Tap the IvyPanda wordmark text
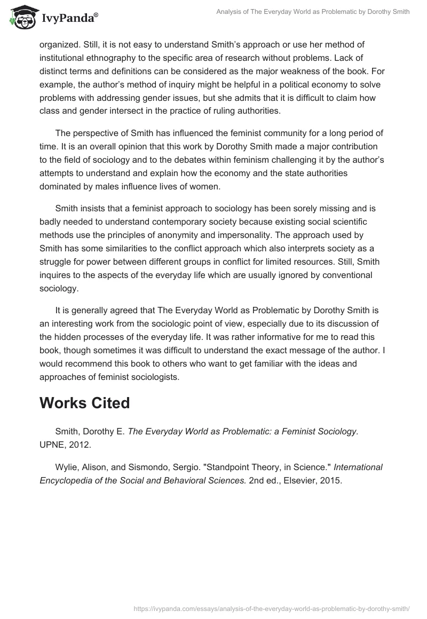click(x=68, y=19)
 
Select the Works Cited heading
click(x=84, y=403)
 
